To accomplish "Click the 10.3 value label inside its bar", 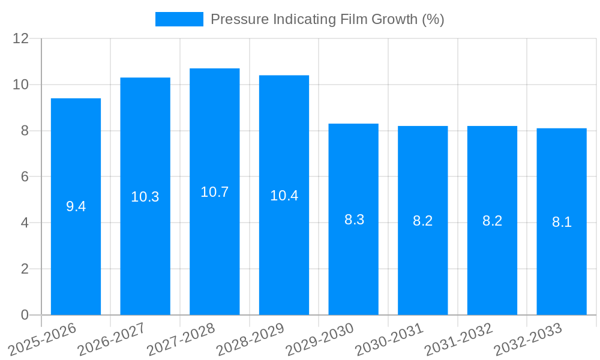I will pos(145,197).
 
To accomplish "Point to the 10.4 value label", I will pos(284,196).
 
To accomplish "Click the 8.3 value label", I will pos(354,220).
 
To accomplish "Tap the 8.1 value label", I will pos(562,222).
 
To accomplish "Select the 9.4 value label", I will pos(76,206).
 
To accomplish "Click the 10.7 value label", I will pos(215,192).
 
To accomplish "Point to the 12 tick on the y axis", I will pos(21,38).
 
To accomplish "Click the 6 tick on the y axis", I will pos(25,177).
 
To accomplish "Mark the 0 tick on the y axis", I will pos(25,315).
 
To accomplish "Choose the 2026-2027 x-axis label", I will pos(112,339).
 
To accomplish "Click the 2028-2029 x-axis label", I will pos(250,339).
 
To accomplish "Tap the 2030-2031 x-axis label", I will pos(389,339).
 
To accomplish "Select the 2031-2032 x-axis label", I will pos(459,339).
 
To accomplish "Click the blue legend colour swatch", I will pos(179,19).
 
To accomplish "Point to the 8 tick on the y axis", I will pos(25,131).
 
